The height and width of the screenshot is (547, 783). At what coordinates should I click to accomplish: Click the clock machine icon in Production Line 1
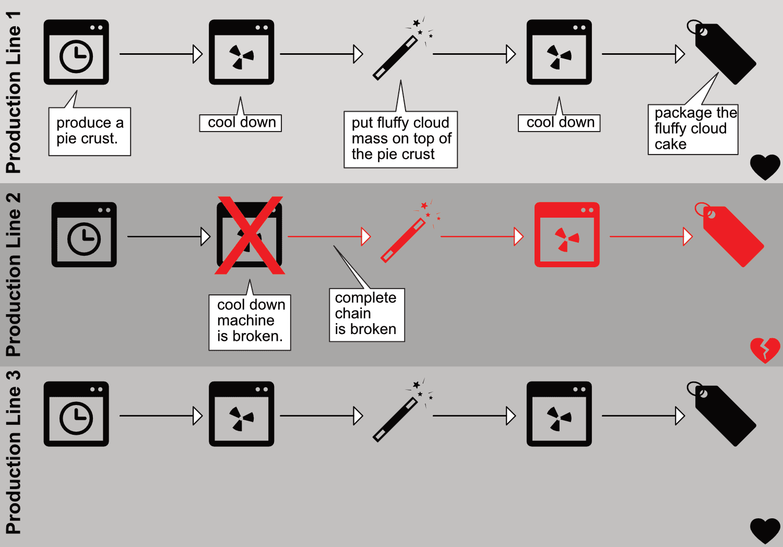tap(76, 52)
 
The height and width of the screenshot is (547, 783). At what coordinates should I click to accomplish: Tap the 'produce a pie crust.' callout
tap(89, 131)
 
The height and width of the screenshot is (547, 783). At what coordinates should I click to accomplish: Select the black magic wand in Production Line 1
tap(397, 55)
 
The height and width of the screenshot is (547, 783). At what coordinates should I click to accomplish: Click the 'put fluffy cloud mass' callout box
tap(400, 139)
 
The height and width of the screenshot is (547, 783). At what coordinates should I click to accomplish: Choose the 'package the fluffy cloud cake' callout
tap(693, 129)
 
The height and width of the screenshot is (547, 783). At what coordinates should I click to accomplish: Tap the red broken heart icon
tap(765, 350)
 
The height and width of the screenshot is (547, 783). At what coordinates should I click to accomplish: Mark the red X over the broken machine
tap(250, 235)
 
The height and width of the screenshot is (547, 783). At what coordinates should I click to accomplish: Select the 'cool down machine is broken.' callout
tap(250, 322)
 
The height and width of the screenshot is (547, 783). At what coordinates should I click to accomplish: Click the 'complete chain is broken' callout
tap(366, 314)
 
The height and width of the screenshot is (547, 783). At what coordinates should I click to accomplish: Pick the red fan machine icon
tap(567, 235)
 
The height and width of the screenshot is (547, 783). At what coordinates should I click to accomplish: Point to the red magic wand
tap(405, 238)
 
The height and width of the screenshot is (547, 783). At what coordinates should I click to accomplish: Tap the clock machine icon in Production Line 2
tap(84, 235)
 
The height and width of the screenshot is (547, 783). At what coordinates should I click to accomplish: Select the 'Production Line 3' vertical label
tap(13, 452)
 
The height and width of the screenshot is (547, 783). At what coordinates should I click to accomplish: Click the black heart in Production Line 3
tap(765, 530)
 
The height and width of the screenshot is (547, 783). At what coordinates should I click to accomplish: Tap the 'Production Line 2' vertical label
tap(13, 275)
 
